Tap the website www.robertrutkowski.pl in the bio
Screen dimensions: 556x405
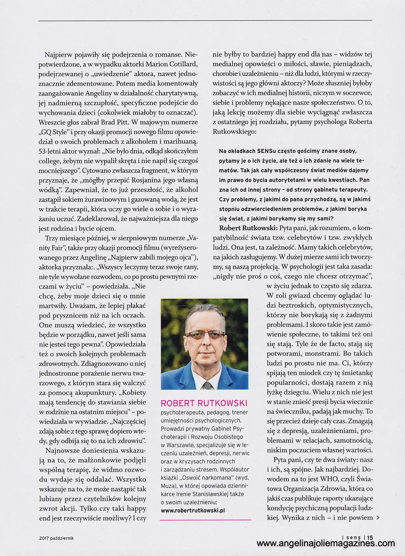point(193,511)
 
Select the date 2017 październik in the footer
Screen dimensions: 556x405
point(57,538)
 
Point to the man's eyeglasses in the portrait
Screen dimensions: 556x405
point(204,333)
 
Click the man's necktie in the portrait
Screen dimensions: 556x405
point(207,384)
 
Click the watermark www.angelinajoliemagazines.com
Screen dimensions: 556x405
point(325,544)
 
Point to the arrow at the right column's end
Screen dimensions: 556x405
point(379,505)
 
